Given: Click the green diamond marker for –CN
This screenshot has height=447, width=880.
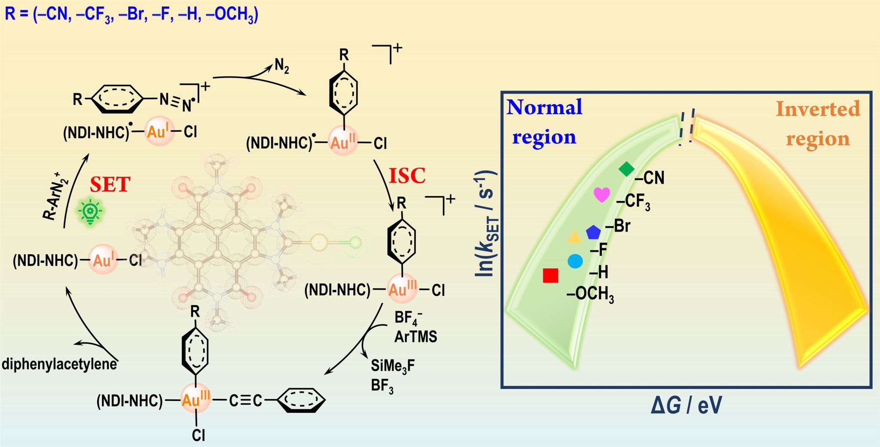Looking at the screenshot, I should (626, 169).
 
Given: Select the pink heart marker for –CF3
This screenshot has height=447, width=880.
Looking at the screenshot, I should (602, 195).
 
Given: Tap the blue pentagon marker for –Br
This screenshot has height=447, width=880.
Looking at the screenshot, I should (593, 232).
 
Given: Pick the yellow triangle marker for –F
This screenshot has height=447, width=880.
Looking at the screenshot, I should (574, 237).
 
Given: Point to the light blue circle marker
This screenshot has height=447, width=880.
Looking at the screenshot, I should (575, 261).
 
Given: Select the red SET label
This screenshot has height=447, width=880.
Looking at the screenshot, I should (110, 185).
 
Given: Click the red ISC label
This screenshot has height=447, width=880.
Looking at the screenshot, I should (407, 176).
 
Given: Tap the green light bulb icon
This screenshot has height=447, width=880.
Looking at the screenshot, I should (90, 211).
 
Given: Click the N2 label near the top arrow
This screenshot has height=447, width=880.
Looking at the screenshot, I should (282, 66).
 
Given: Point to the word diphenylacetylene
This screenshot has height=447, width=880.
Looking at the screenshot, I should (59, 364).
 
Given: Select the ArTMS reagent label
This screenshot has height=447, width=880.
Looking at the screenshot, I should (416, 337).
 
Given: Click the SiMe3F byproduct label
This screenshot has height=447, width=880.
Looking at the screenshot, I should (393, 366).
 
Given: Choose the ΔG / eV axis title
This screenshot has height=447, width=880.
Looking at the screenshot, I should (686, 405).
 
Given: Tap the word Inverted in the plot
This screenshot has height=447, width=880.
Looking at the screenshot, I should (818, 109).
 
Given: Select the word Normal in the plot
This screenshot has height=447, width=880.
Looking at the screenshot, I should (544, 107).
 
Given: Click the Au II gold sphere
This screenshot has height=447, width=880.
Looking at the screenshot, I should (343, 141).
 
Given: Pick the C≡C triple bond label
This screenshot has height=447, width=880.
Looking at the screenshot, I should (245, 401).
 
